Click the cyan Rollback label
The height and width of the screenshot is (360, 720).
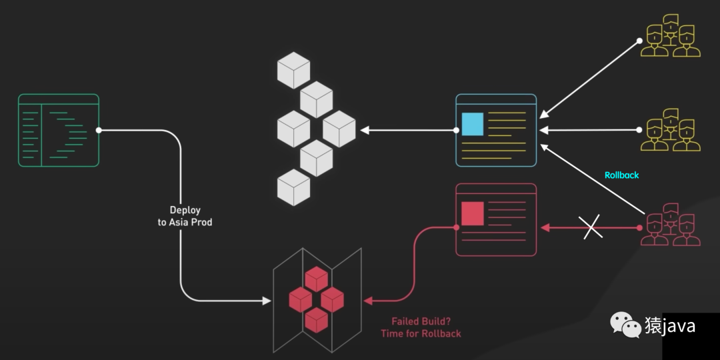621,175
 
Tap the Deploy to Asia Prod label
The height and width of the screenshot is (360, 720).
185,216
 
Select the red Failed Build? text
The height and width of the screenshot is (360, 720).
421,321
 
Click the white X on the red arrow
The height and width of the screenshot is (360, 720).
592,228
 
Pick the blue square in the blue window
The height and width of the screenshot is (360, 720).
472,125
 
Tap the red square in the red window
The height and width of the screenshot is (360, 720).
472,213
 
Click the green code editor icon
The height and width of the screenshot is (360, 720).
59,130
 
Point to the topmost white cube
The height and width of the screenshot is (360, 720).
293,71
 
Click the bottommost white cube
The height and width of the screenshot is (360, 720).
293,187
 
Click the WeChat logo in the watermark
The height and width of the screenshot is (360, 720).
624,325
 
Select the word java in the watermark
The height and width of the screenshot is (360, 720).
679,326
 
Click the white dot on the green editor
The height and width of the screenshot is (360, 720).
99,130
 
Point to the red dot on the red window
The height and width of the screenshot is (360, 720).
457,228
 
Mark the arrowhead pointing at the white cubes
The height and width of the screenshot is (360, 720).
365,130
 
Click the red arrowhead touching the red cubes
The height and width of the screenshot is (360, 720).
368,301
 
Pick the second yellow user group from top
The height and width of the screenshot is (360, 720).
671,130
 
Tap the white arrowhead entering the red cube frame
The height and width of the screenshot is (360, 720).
267,301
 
